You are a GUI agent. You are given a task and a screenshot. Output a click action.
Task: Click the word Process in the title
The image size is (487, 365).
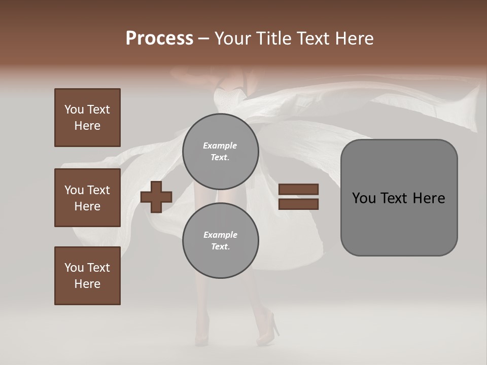coord(159,39)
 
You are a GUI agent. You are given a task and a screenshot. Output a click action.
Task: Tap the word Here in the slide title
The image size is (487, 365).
coord(353,39)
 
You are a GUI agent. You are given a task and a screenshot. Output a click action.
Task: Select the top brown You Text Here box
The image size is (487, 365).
coord(87,118)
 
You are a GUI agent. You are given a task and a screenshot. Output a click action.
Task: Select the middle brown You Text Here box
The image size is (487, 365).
coord(87,198)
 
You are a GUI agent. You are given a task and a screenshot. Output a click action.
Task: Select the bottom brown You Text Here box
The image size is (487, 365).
coord(87,276)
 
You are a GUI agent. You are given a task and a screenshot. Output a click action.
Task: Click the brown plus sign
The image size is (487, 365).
coord(156,197)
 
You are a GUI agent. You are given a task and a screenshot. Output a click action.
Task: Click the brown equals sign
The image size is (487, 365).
coord(298,197)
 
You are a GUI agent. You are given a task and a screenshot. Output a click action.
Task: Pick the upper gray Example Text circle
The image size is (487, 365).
coord(220,151)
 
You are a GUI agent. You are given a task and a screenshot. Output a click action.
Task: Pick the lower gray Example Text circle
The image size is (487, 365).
coord(220,240)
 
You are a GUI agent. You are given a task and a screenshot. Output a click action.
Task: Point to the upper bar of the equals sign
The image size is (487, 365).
coord(298,189)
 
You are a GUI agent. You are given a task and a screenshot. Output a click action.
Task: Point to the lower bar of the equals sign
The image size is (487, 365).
coord(298,204)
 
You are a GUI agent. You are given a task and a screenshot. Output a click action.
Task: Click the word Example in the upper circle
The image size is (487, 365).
coord(220,145)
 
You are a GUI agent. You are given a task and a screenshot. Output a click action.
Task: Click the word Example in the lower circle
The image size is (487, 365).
coord(220,235)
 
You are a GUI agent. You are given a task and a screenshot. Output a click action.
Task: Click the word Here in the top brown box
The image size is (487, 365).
coord(87,126)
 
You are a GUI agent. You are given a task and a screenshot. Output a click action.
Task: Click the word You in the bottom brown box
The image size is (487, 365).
coord(74,268)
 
